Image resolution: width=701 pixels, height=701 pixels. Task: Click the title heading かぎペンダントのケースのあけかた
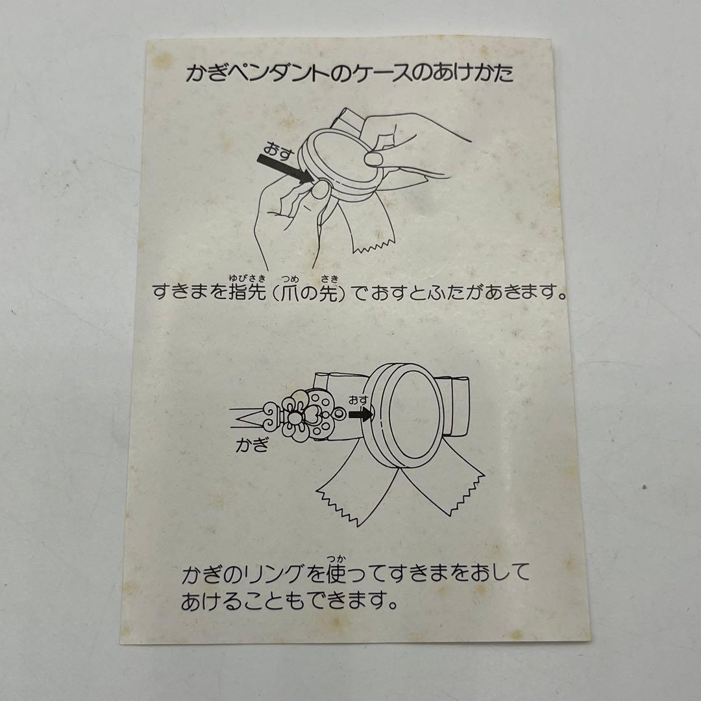click(x=349, y=73)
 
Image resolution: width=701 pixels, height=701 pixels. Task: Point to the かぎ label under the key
click(x=252, y=446)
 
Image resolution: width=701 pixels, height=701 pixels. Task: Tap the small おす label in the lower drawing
click(x=358, y=400)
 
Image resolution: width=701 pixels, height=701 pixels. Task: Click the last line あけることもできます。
click(x=289, y=600)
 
